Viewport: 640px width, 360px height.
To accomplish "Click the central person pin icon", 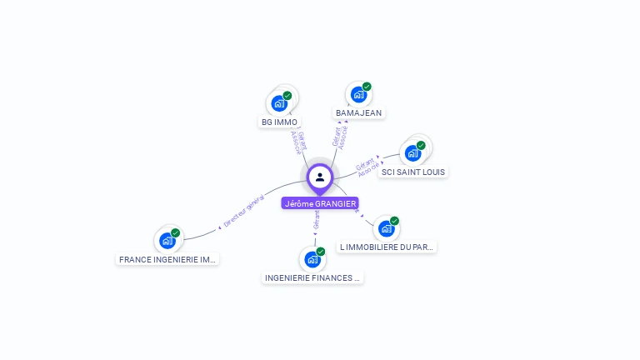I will pos(320,177).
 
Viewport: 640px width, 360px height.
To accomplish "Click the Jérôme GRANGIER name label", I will pos(320,203).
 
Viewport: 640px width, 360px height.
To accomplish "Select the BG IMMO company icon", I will pos(279,104).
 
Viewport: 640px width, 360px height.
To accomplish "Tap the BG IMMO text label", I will pos(279,122).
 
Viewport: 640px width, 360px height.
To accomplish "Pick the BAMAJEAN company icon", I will pos(358,95).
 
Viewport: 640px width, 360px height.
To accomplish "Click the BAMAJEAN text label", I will pos(358,112).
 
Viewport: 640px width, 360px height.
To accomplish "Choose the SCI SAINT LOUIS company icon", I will pos(412,153).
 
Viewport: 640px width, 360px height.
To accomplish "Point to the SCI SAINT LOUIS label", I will pos(413,172).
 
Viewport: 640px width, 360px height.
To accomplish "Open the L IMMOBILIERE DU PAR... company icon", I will pos(386,228).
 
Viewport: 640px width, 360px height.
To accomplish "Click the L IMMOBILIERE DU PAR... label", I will pos(387,247).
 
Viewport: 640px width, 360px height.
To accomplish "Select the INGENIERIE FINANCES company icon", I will pos(312,259).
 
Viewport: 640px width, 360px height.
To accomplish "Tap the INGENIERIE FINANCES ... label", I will pos(312,277).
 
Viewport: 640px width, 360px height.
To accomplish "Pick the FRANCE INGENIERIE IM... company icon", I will pos(167,241).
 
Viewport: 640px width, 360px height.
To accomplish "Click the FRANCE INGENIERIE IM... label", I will pos(167,259).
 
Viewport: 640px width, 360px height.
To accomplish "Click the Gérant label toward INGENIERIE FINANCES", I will pos(316,220).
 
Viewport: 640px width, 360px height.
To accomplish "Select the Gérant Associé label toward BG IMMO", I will pos(298,142).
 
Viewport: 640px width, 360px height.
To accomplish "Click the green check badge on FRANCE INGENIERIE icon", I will pos(175,233).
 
